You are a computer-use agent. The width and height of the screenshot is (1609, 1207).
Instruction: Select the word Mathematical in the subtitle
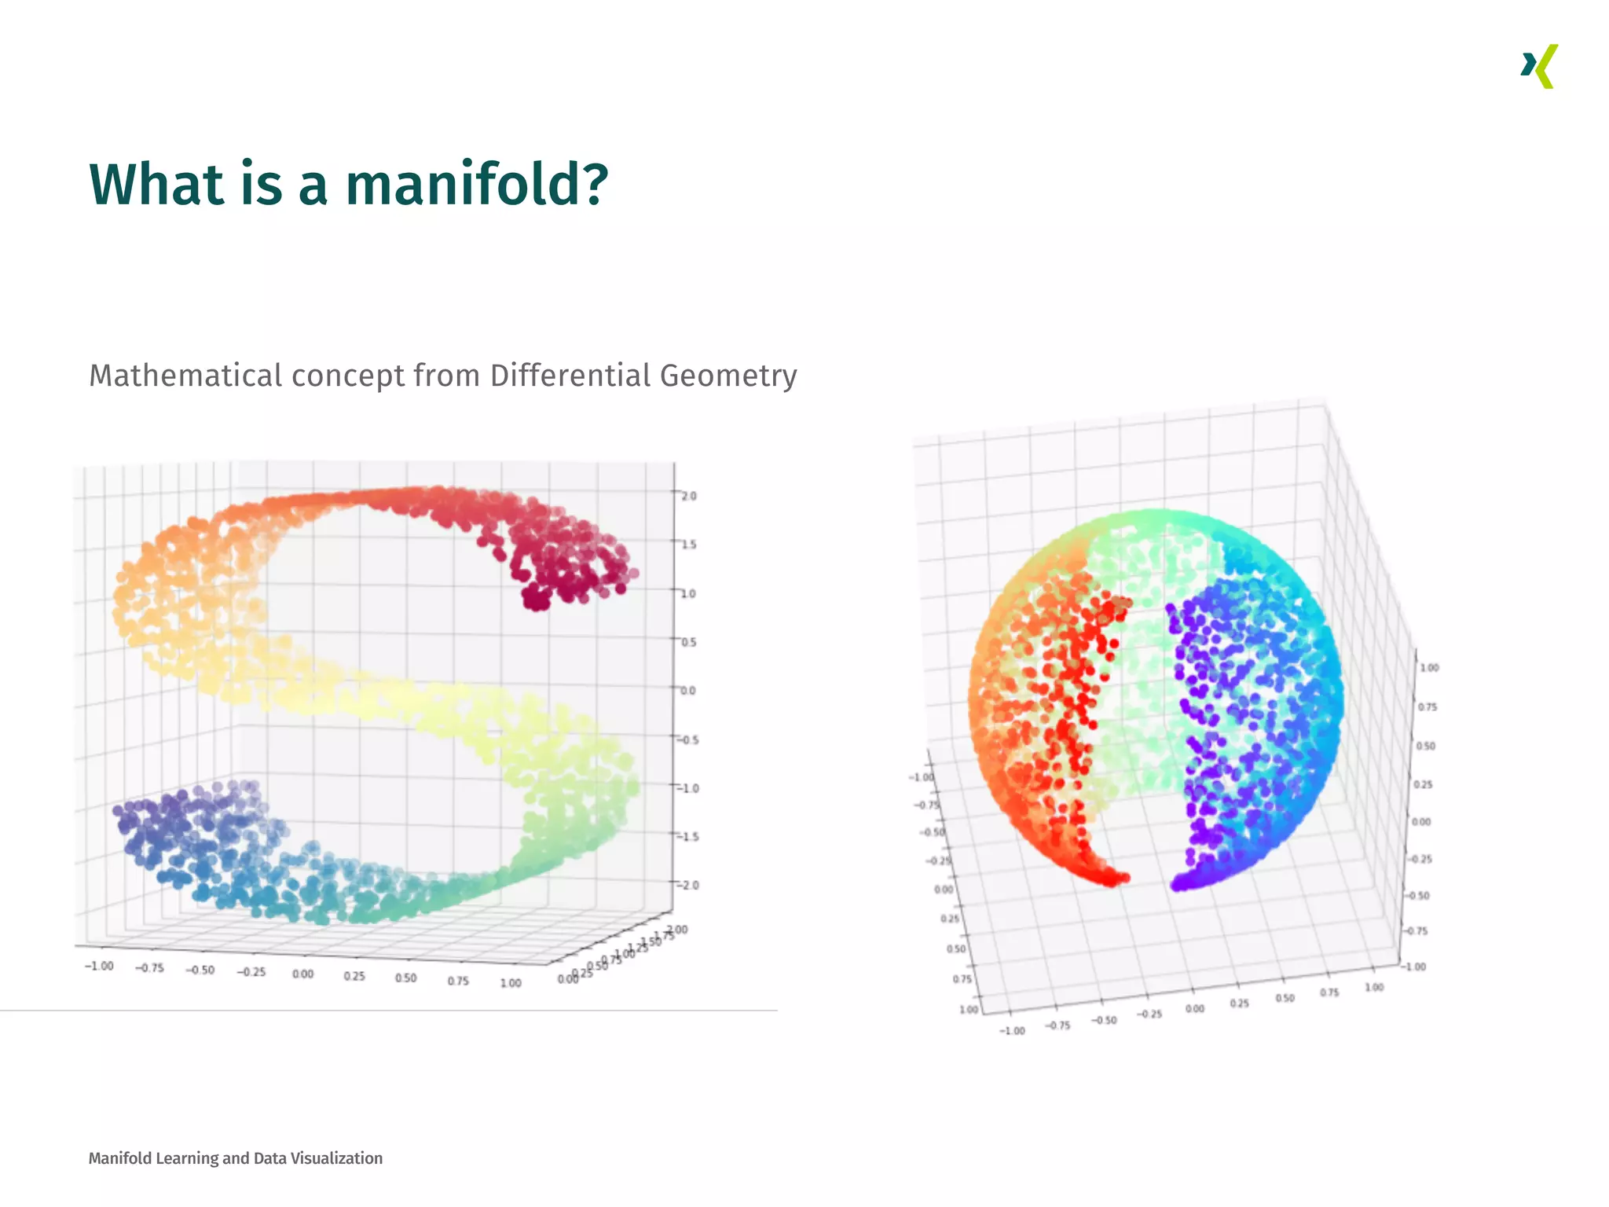pos(185,376)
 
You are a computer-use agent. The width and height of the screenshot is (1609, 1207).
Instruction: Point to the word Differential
pos(570,376)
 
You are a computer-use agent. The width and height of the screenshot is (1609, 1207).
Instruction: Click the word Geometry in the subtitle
pos(728,376)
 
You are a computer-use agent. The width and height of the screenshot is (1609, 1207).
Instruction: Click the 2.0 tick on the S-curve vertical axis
pos(688,496)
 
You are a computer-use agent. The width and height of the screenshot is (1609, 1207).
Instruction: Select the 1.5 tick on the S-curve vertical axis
pos(688,545)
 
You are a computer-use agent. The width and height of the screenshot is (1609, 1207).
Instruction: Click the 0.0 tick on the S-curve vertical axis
pos(688,691)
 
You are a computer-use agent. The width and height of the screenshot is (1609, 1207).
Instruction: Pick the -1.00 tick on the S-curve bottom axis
pos(99,966)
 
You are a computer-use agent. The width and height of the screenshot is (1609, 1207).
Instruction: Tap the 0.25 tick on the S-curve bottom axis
pos(354,976)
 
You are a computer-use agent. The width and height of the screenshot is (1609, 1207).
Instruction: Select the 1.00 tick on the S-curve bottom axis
pos(511,982)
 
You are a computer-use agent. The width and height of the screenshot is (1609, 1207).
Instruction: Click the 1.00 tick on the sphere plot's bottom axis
pos(1374,987)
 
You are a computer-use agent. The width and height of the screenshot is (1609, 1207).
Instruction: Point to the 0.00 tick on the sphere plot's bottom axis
pos(1194,1008)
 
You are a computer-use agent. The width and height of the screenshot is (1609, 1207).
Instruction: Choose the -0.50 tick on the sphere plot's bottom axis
pos(1104,1020)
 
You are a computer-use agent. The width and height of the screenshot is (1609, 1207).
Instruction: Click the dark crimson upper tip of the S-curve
pos(538,599)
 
